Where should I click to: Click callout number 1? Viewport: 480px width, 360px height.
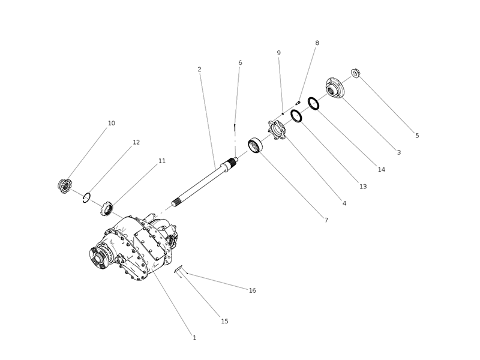tap(194, 338)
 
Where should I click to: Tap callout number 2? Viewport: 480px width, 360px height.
tap(199, 70)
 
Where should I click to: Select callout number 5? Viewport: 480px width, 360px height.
tap(417, 136)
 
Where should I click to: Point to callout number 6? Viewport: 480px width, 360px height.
tap(240, 62)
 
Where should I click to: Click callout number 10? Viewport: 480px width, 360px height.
tap(112, 123)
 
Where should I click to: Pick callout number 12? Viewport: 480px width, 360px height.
tap(136, 142)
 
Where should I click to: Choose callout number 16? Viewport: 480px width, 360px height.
tap(253, 290)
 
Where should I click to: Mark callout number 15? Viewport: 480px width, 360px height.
tap(224, 322)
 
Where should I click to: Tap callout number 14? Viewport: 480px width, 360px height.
tap(382, 170)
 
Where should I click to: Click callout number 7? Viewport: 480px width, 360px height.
tap(326, 220)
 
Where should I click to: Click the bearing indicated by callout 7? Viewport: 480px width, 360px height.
tap(256, 146)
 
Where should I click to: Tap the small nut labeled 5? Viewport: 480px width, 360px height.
tap(355, 73)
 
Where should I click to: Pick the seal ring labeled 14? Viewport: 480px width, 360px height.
tap(313, 103)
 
